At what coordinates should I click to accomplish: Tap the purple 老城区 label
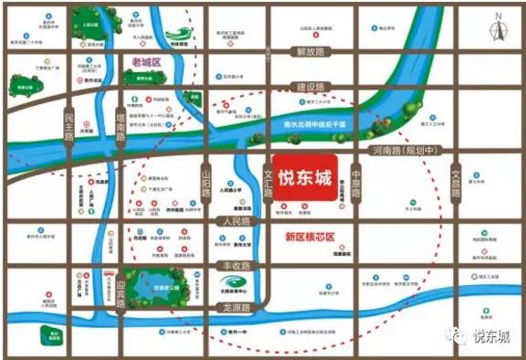point(146,62)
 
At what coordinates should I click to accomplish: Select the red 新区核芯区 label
point(310,238)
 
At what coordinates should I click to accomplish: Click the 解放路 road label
point(310,52)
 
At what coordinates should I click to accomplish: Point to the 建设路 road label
point(310,87)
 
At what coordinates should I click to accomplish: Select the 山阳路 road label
point(206,184)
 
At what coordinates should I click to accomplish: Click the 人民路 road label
point(236,221)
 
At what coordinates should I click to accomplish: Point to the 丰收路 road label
point(237,266)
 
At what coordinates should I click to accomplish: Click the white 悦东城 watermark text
point(490,337)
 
